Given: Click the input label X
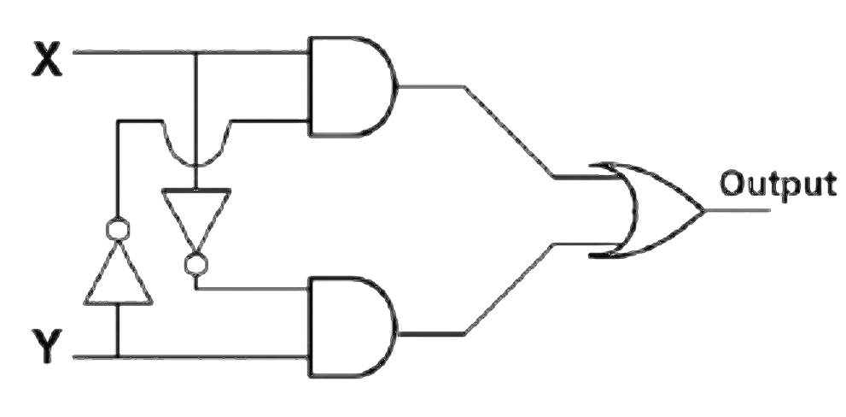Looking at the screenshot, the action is coord(47,59).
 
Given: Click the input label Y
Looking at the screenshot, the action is coord(47,345).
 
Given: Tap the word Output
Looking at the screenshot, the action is coord(779,185).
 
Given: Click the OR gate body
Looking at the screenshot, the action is coord(646,209).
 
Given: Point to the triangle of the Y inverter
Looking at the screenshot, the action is coord(118,273).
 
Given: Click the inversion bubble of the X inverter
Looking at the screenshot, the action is coord(195,264).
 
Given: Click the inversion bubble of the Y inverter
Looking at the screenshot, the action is coord(118,229).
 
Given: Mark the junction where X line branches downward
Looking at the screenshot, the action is coord(195,52).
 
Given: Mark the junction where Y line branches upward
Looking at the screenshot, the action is coord(118,357).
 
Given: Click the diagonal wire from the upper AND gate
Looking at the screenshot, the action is coord(510,132).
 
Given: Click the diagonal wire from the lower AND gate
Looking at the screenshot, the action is coord(510,289).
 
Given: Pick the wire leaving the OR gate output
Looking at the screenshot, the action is coord(738,210).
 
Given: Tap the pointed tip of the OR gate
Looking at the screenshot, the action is coord(704,210).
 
